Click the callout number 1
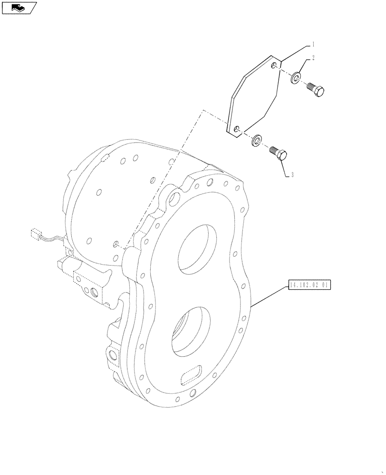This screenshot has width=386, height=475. [313, 44]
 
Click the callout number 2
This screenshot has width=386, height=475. [313, 59]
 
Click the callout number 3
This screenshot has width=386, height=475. [291, 175]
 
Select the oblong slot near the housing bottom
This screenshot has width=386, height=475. [193, 375]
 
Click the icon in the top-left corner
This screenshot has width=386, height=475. [19, 7]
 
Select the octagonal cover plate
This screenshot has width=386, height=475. [254, 97]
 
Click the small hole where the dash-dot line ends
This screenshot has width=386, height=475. [116, 244]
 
